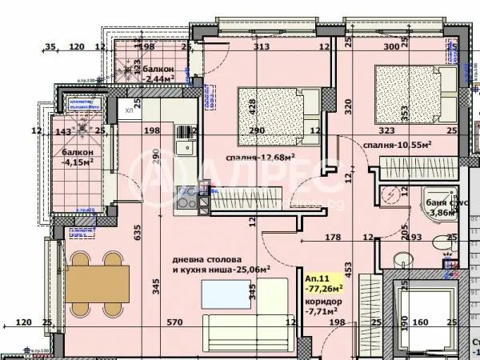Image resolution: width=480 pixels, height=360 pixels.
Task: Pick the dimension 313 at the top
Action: coord(261,47)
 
